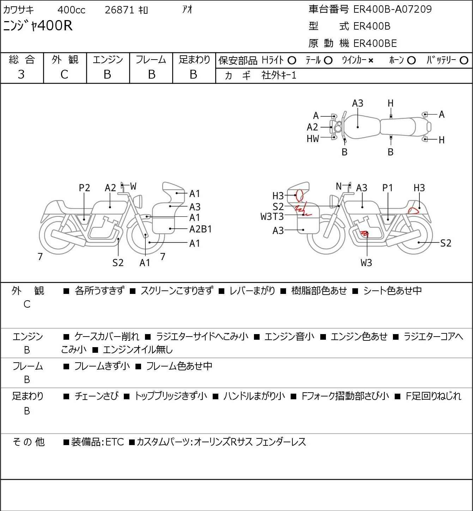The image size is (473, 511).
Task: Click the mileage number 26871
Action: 119,10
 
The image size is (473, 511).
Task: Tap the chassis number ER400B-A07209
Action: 392,9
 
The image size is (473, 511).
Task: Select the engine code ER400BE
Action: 375,43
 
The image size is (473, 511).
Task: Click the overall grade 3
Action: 22,74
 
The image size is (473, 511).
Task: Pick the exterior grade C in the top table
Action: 64,74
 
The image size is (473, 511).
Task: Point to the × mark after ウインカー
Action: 371,61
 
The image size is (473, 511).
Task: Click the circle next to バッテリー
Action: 464,61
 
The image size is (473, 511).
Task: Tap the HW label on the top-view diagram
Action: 313,139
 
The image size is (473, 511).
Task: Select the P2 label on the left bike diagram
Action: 84,188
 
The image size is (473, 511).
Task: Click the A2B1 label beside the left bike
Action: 200,229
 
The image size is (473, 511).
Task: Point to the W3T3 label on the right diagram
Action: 272,216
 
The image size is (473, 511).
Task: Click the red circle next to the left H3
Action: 299,195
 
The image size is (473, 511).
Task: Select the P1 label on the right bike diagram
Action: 387,188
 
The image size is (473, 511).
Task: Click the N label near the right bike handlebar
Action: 339,186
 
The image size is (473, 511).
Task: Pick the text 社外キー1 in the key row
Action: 279,75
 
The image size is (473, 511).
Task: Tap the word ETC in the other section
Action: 115,442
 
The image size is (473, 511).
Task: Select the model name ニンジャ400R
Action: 38,26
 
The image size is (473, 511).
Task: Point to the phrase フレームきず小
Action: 102,367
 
